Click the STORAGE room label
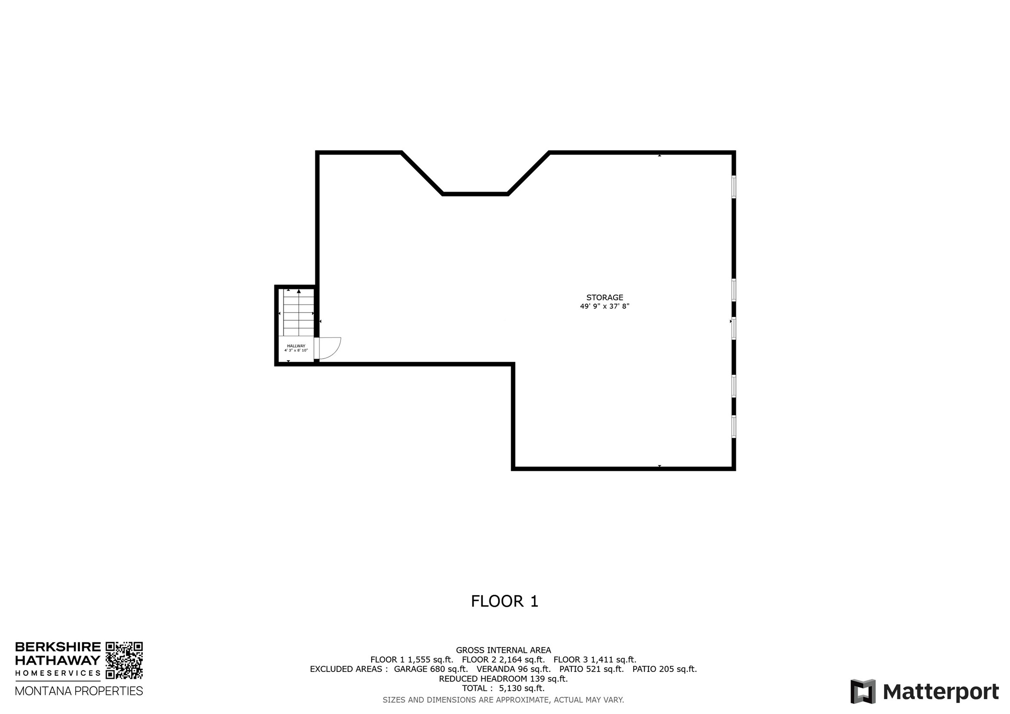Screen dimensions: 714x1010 tap(604, 297)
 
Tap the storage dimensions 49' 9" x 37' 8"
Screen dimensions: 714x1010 tap(604, 306)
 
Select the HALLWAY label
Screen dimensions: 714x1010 tap(296, 346)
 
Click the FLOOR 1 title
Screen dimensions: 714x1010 tap(504, 601)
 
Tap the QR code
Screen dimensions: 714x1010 tap(124, 660)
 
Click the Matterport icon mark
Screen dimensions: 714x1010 tap(862, 691)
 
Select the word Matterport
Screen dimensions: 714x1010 tap(941, 692)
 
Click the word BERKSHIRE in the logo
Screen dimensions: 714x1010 tap(58, 647)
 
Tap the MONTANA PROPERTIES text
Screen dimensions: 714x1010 tap(79, 691)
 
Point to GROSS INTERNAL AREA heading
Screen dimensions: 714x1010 tap(503, 650)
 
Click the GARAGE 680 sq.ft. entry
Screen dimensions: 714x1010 tap(431, 669)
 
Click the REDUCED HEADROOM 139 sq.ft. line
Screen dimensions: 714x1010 tap(503, 679)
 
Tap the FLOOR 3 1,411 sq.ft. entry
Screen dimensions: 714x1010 tap(595, 660)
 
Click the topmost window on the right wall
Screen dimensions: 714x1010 tap(733, 187)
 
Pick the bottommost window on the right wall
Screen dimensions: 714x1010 tap(733, 426)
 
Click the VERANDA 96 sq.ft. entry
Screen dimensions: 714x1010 tap(513, 669)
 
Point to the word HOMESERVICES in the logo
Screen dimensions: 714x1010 tap(58, 673)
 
